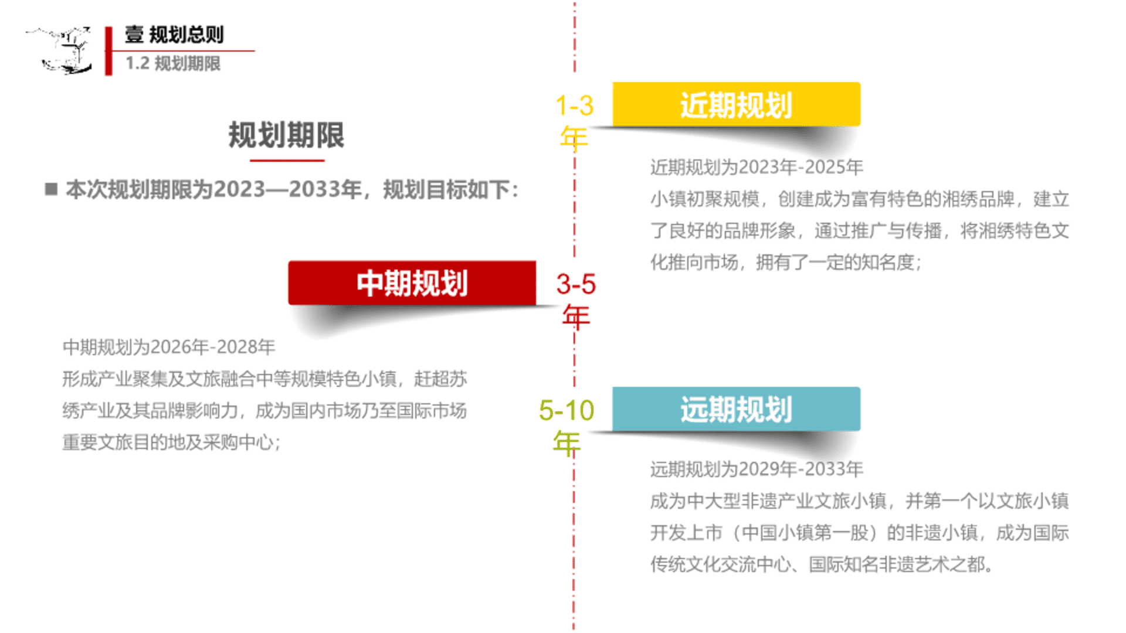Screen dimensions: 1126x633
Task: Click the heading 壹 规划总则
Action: click(x=174, y=35)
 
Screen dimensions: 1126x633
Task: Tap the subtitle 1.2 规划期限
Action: click(x=173, y=63)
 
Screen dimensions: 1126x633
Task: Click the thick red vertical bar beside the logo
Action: click(x=108, y=51)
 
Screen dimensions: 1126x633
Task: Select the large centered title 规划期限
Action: click(x=286, y=135)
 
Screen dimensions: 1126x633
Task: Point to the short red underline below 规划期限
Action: click(x=287, y=160)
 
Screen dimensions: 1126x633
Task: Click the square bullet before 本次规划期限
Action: click(x=52, y=189)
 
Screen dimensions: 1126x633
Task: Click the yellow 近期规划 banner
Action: click(x=736, y=104)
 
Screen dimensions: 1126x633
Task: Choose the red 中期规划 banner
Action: click(x=412, y=283)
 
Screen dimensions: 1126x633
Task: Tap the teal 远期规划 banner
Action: click(x=736, y=409)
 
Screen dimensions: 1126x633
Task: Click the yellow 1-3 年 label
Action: click(x=575, y=122)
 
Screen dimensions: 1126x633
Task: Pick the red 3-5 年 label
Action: click(x=576, y=301)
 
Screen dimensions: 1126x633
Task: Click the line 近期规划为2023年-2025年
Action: click(x=757, y=168)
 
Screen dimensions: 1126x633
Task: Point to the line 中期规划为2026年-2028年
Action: click(x=169, y=347)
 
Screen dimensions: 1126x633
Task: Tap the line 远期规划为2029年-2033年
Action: click(x=757, y=469)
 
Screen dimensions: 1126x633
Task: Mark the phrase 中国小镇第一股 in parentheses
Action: click(x=814, y=533)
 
